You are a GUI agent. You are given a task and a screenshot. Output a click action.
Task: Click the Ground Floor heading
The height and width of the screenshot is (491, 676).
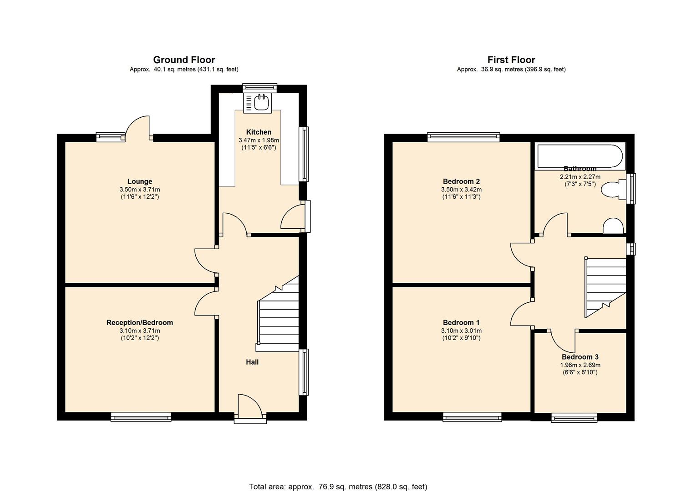184,60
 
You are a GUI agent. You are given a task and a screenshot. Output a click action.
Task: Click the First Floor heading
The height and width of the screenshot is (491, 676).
511,60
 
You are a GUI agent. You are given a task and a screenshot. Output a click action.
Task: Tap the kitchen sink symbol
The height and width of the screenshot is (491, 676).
261,103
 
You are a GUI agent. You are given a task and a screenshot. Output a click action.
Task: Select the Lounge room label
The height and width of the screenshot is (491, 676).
140,181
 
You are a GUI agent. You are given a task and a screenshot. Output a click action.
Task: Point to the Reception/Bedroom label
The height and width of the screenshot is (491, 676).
140,322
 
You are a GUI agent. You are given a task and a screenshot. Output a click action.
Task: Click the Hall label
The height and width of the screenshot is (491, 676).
252,362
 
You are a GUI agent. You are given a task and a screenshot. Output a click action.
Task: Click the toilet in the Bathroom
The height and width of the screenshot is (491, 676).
612,190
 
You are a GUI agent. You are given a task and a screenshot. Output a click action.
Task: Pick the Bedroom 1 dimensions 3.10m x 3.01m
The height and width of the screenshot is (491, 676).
461,331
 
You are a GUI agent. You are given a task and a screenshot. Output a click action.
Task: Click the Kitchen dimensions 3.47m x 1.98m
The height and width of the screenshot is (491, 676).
259,140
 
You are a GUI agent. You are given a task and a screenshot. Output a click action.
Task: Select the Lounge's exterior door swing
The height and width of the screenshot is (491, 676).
138,127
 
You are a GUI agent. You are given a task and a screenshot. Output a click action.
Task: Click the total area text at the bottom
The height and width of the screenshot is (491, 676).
338,486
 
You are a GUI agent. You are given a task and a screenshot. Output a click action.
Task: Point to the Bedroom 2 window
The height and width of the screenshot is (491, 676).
463,137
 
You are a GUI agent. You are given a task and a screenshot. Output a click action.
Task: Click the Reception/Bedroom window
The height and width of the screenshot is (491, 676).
141,416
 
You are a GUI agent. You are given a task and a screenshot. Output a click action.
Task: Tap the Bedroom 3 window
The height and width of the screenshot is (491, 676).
574,417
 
